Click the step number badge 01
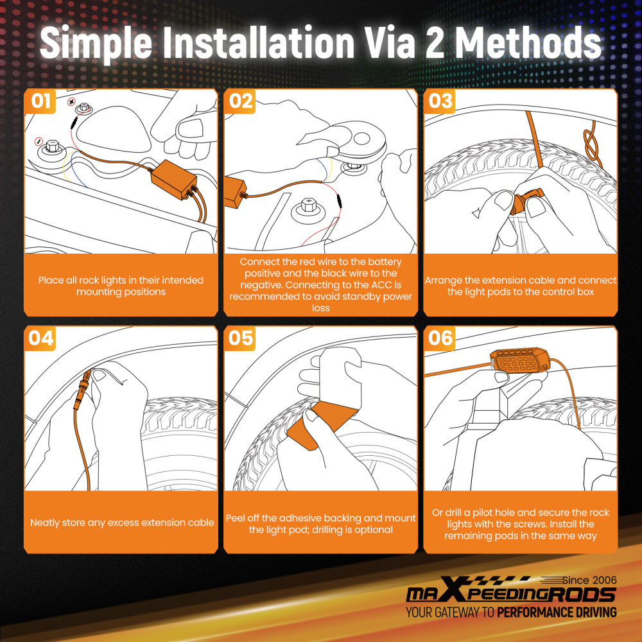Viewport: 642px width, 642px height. (x=40, y=101)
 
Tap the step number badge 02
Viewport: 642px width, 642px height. (x=240, y=101)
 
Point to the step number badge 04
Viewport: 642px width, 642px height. (x=40, y=338)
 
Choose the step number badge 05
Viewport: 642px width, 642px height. (x=240, y=338)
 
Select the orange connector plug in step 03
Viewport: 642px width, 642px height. (x=526, y=202)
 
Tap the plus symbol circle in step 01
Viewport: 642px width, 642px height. (x=72, y=101)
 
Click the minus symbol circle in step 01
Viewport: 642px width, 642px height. (x=39, y=141)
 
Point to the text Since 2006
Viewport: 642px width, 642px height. (x=589, y=580)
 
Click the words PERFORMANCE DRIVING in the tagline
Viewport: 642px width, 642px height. (x=557, y=612)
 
